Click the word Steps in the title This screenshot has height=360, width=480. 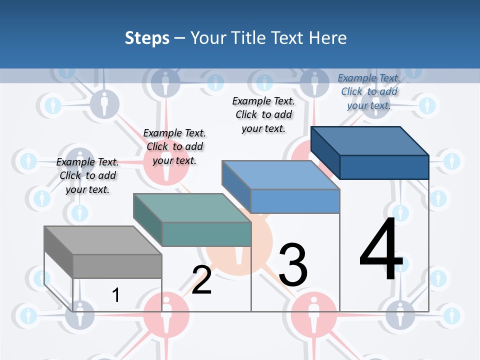pos(147,38)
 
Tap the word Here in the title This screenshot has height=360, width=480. pos(328,38)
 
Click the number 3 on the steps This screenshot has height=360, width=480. pos(293,265)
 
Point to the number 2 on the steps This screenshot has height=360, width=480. pos(201,279)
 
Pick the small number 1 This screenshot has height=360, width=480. pos(115,295)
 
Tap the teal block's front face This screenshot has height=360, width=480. pos(206,234)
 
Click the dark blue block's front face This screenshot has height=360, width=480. pos(384,167)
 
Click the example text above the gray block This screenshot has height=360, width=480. pos(87,175)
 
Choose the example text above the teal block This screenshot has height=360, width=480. pos(174,146)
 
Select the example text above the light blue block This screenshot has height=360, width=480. pos(263,114)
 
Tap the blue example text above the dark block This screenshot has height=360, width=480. pos(369,91)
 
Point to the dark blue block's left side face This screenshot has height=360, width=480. pos(325,152)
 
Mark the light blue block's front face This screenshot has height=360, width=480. pos(295,201)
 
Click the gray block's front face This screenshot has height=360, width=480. pos(117,266)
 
